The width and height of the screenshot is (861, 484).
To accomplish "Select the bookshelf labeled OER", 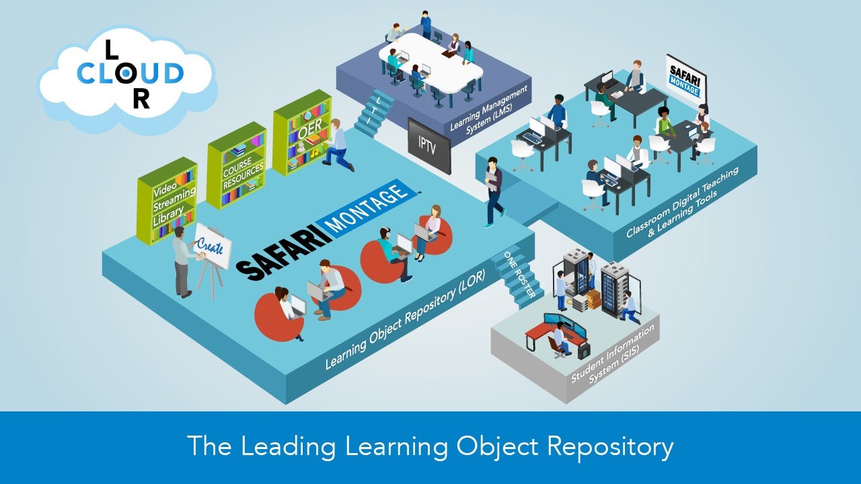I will [302, 132].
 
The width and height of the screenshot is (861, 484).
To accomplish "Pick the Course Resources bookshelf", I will [236, 165].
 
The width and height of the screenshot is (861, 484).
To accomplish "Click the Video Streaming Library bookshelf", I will [167, 200].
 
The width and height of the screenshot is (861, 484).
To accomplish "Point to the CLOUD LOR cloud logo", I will [128, 75].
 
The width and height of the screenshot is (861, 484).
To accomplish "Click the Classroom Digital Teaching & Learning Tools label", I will [682, 202].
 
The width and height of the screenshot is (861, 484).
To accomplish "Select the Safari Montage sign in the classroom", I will [685, 77].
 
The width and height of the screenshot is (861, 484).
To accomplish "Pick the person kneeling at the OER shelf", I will [337, 145].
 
